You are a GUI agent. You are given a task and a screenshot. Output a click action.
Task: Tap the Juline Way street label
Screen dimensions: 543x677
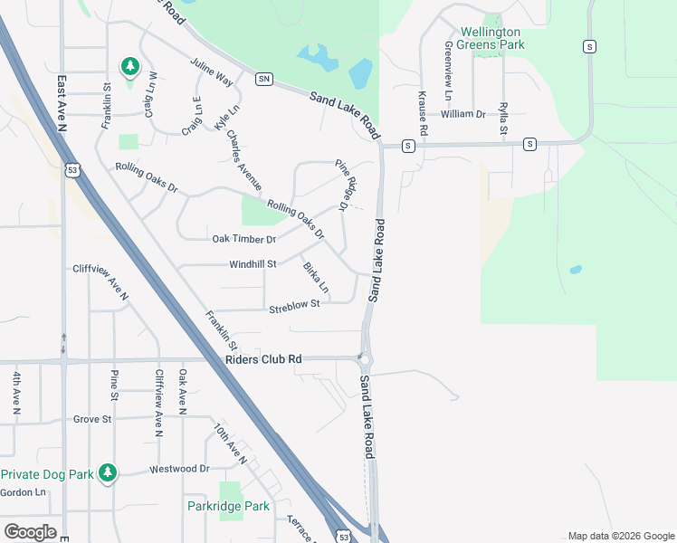(x=212, y=73)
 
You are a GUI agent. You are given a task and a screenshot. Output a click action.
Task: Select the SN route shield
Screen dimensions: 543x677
(x=264, y=79)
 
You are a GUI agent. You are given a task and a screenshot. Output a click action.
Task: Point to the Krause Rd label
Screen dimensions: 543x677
(x=422, y=109)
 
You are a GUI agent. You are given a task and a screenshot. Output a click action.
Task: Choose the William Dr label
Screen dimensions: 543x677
(x=463, y=114)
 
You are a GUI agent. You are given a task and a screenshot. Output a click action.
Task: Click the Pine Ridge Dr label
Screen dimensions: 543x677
(x=343, y=185)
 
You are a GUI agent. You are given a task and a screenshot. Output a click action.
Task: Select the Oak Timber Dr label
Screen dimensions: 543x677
(x=243, y=239)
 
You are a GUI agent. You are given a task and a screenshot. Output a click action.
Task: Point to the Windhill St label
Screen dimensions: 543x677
(x=253, y=263)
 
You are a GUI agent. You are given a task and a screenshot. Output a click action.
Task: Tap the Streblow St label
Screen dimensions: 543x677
(x=294, y=306)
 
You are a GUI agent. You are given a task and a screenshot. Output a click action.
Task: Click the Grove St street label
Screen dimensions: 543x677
(x=92, y=419)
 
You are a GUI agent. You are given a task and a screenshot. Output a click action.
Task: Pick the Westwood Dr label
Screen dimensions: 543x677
(x=179, y=469)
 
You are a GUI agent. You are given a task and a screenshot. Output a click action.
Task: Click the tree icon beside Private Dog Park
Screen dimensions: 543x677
(x=109, y=472)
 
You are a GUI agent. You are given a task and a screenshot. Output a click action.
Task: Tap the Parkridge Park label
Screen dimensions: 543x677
(x=228, y=506)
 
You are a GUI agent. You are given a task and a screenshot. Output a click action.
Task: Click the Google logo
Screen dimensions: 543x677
(x=30, y=531)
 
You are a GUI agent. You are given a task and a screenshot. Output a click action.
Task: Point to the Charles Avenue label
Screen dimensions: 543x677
(x=243, y=161)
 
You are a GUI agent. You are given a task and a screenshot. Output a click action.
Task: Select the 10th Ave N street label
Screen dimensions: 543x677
(x=231, y=443)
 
